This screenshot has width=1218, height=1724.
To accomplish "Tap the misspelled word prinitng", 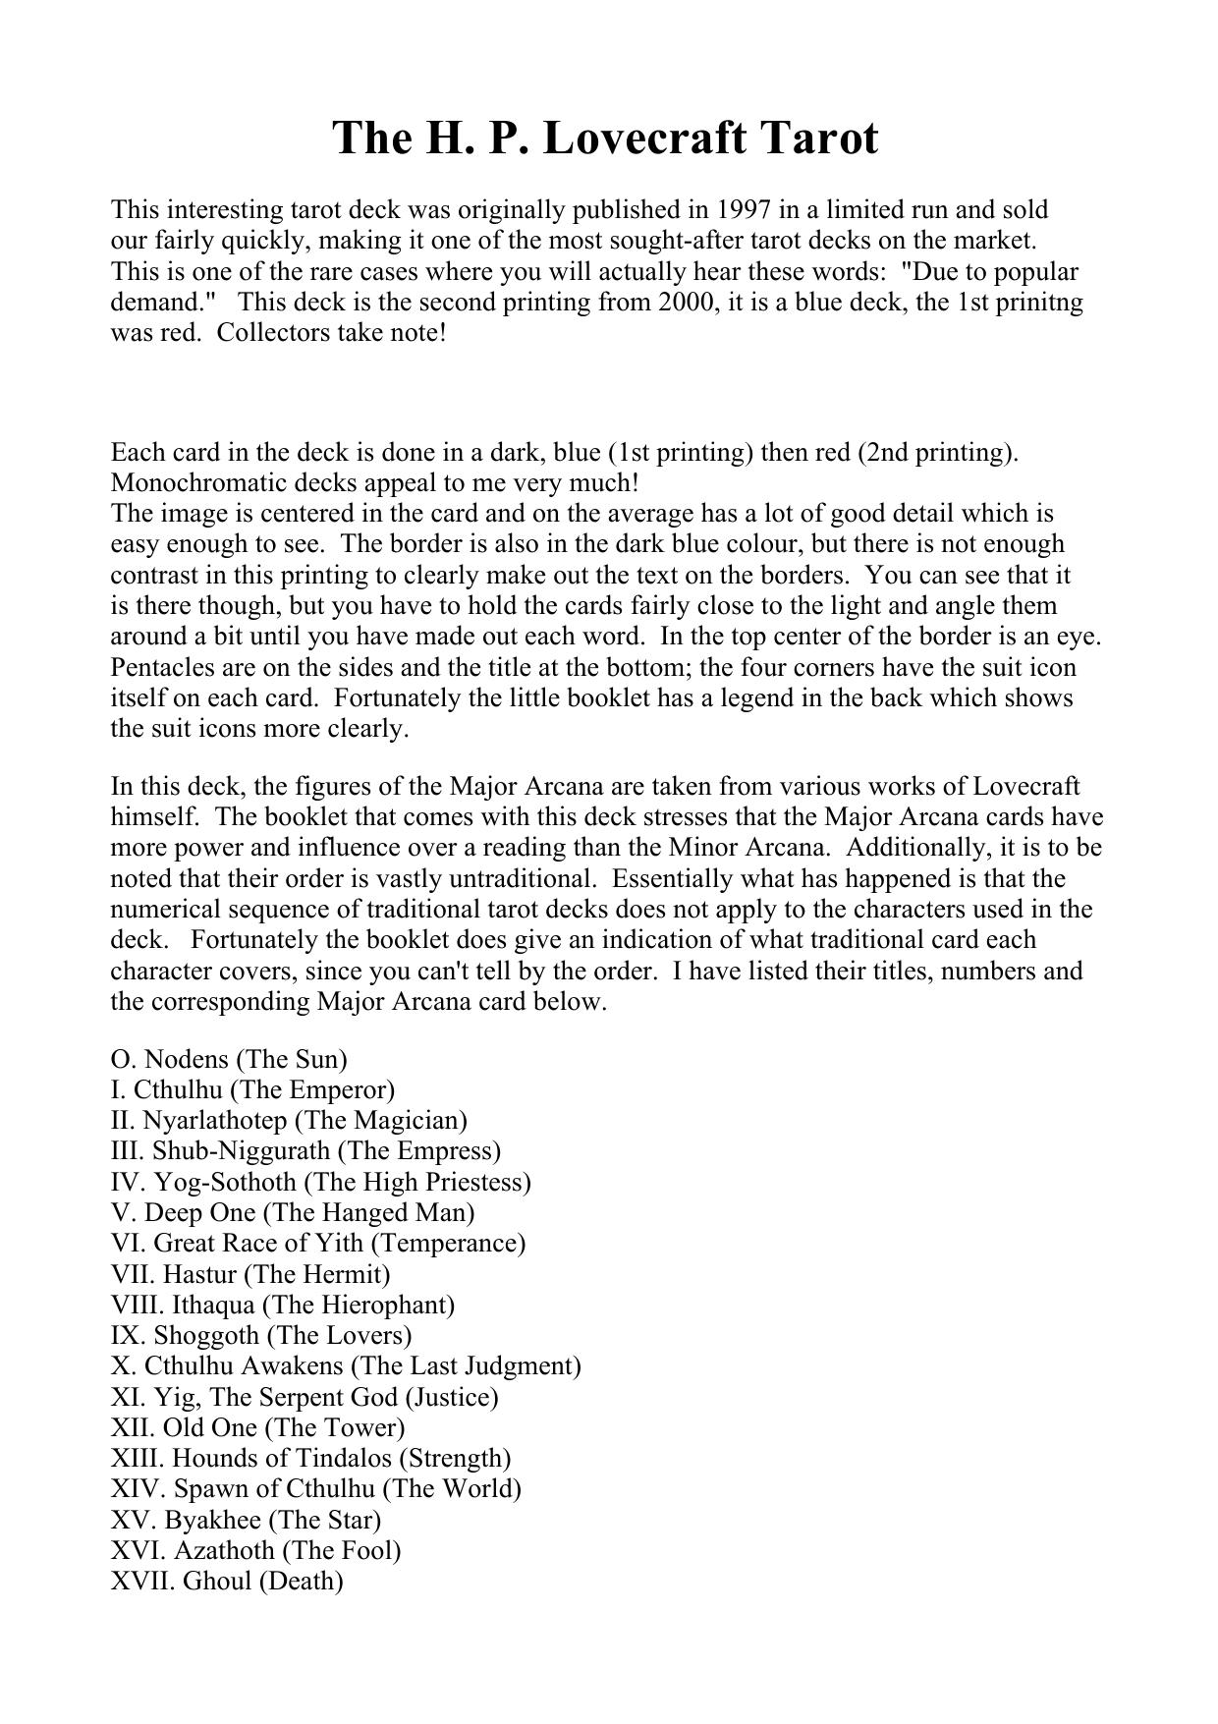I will (1043, 302).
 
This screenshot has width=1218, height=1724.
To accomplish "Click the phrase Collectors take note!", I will (331, 332).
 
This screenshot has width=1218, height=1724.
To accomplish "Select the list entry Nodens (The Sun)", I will (229, 1059).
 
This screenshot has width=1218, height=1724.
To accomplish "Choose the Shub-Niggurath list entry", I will (305, 1150).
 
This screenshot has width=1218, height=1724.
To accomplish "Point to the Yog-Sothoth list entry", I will (320, 1182).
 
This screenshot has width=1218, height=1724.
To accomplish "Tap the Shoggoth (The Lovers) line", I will (261, 1335).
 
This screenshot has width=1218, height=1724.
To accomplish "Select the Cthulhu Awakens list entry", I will (346, 1365).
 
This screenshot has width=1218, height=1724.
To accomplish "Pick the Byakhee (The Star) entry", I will (246, 1520).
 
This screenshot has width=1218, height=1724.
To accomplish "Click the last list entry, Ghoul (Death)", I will (227, 1582).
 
